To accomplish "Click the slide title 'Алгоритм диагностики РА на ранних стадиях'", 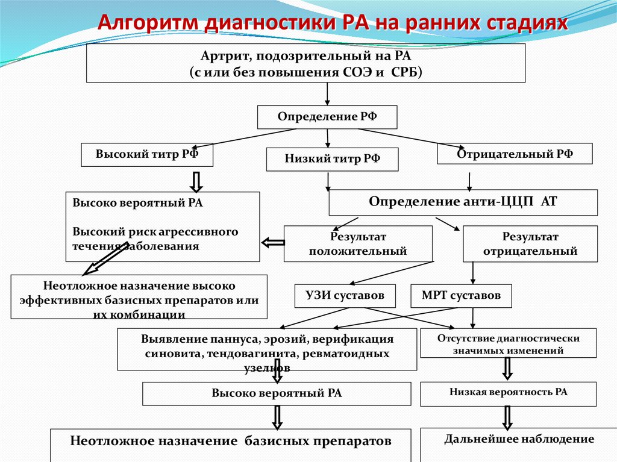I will (333, 23).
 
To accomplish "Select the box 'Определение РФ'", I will (327, 117).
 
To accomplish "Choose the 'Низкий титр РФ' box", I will (333, 159).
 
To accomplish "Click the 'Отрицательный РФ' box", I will (515, 154).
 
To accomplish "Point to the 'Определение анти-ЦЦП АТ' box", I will (463, 202).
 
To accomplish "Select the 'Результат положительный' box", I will (358, 243).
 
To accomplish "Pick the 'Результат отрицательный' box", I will (530, 243).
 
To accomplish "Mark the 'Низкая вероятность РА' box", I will (508, 393).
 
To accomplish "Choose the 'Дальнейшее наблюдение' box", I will (519, 440).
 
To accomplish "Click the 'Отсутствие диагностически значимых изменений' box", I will (508, 344).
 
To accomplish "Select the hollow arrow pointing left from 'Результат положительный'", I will (272, 243).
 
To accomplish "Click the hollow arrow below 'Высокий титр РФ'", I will (196, 180).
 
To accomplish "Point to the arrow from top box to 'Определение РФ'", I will (327, 94).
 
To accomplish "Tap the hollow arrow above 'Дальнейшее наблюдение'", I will (507, 417).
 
